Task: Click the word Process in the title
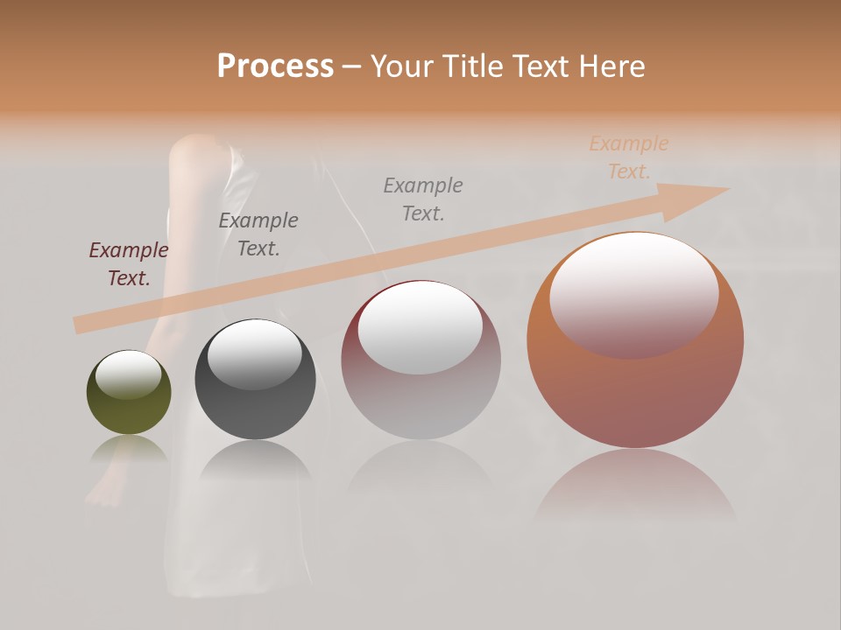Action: tap(275, 66)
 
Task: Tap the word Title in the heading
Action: tap(470, 66)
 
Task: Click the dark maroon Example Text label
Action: tap(129, 264)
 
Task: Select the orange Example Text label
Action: tap(628, 157)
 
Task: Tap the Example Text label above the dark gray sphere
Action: tap(258, 234)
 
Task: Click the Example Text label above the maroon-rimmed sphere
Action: tap(423, 199)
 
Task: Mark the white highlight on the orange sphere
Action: tap(633, 293)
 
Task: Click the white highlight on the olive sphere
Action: tap(128, 374)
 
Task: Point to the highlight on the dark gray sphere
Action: tap(254, 353)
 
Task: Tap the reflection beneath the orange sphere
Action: tap(635, 486)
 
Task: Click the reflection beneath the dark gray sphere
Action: tap(255, 460)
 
